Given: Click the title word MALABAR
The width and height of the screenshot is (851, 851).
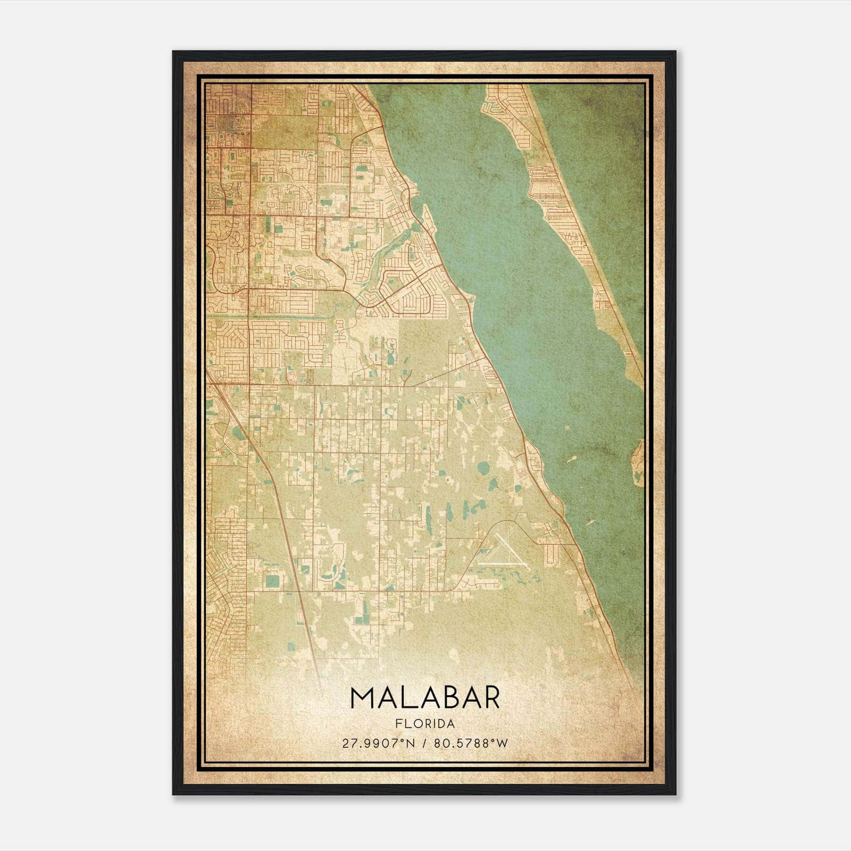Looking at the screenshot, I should point(425,698).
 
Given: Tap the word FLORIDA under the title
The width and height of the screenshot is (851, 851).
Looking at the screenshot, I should point(425,724).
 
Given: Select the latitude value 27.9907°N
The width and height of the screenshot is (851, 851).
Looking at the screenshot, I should point(377,744).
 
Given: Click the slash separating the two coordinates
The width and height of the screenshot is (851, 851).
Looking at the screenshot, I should point(423,744).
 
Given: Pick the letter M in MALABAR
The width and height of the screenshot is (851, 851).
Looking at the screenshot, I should point(362,698).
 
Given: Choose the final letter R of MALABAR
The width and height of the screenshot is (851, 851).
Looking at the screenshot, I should point(491,698).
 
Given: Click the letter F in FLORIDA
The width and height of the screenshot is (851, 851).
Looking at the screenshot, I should point(398,724).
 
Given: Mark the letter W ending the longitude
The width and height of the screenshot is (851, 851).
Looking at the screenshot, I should point(503,744).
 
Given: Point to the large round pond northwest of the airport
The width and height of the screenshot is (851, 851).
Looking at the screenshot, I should point(483,469).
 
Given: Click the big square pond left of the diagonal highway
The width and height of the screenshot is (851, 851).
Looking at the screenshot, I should point(272,581).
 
